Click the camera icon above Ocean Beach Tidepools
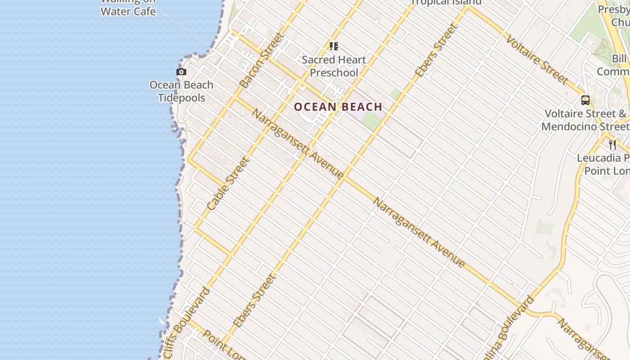tap(181, 72)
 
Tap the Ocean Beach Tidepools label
tap(181, 91)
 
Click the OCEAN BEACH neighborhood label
tap(338, 107)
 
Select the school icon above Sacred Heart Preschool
tap(333, 46)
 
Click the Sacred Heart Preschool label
tap(334, 66)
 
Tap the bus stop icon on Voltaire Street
tap(585, 100)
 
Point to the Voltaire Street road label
tap(536, 59)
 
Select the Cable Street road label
tap(228, 183)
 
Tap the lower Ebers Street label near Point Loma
tap(255, 300)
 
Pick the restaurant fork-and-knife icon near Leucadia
tap(612, 144)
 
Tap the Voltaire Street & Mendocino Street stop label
tap(585, 120)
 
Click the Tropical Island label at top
tap(446, 2)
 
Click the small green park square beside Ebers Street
tap(396, 94)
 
